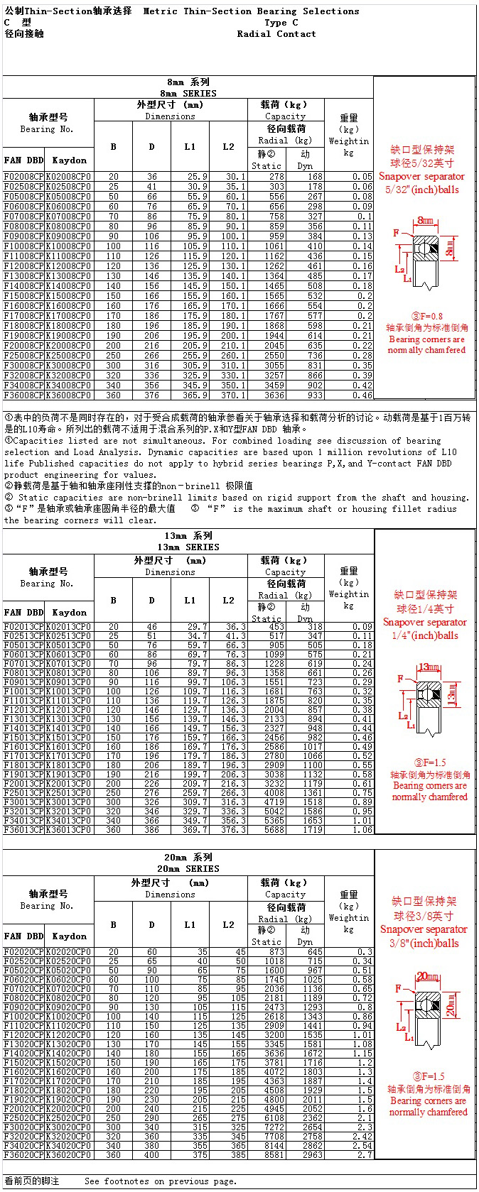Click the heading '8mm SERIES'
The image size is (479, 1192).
pos(188,93)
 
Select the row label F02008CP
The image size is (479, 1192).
pos(23,176)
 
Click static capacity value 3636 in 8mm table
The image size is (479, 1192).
pos(274,395)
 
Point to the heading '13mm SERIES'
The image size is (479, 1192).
pos(188,547)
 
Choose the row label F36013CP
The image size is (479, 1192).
pos(23,829)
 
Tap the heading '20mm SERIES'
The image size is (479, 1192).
pos(188,869)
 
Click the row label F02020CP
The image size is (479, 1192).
pos(23,951)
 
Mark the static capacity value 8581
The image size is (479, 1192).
pos(274,1155)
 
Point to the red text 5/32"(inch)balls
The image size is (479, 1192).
pos(421,190)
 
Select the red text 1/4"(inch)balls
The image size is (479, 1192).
pos(425,635)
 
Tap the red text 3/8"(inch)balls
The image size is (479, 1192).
pos(424,943)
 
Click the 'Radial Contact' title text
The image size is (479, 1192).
pos(276,33)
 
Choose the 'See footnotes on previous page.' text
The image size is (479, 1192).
pos(160,1181)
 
